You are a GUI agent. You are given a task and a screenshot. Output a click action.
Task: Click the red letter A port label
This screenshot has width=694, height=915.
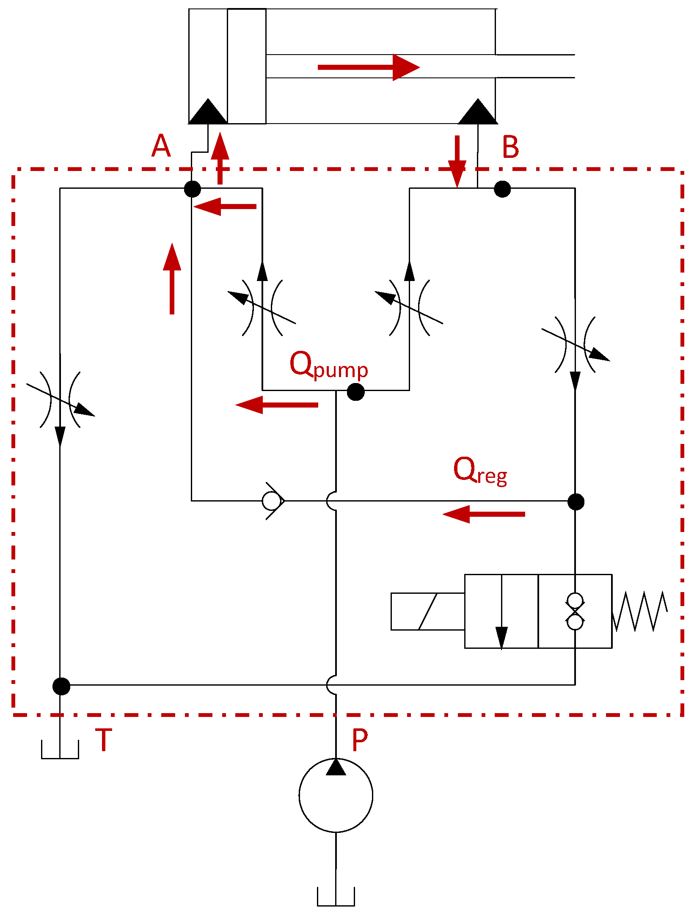[161, 146]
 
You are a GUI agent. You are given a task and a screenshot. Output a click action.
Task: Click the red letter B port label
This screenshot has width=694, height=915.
[510, 147]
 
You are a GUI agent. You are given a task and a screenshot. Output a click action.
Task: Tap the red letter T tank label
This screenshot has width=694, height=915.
[104, 739]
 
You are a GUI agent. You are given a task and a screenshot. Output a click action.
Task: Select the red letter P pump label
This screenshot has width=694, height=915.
[360, 741]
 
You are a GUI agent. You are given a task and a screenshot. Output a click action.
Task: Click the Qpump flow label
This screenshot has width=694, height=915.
[328, 365]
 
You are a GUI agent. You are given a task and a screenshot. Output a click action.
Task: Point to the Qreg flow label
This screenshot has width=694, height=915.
[480, 471]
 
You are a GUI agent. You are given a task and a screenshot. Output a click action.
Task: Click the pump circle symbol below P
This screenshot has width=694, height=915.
[336, 795]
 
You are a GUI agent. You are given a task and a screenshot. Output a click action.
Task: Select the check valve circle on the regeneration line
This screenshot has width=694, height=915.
[271, 501]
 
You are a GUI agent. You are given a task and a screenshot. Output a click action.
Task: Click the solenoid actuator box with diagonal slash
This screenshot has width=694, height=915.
[427, 612]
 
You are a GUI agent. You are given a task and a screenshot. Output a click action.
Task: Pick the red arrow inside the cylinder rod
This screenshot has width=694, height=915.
[368, 67]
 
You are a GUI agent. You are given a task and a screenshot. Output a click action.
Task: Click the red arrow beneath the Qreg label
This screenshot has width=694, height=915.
[484, 514]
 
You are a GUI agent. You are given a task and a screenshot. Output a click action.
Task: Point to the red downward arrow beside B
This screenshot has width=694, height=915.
[457, 161]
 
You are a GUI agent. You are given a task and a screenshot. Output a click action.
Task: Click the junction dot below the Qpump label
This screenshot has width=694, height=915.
[355, 392]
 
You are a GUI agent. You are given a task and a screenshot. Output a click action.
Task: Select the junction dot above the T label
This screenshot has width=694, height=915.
[61, 686]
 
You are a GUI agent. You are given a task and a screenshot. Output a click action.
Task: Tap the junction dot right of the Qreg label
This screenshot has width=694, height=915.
[576, 502]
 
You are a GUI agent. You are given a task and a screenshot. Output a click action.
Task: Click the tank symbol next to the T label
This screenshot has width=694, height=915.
[60, 750]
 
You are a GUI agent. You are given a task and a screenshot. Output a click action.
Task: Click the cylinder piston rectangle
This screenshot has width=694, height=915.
[247, 66]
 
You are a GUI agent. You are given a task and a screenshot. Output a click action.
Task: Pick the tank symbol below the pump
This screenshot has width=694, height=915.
[336, 897]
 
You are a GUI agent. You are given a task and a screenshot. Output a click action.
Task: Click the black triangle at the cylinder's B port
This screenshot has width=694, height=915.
[478, 113]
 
